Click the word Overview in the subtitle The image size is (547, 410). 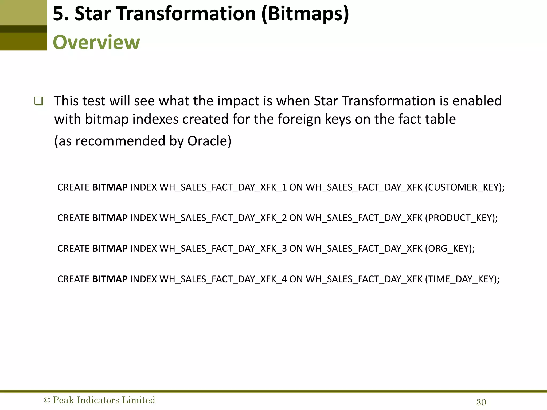tap(96, 42)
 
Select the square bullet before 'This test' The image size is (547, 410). tap(39, 101)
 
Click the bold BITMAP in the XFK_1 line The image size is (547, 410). tap(110, 187)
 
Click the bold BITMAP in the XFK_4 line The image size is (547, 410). tap(110, 279)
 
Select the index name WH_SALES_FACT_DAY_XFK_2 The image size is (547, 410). tap(223, 218)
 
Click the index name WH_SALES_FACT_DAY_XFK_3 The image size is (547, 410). tap(223, 249)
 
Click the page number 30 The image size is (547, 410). tap(481, 402)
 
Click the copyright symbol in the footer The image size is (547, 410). tap(47, 400)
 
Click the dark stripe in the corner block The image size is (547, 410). tap(24, 29)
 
